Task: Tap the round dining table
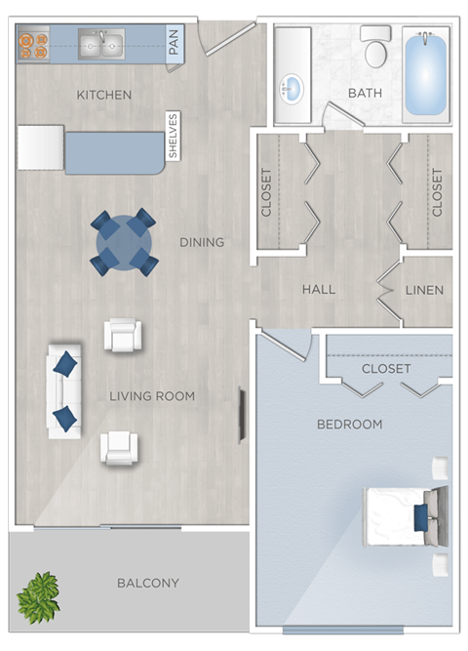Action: point(124,241)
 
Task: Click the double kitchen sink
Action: point(100,44)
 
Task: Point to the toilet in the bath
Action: point(375,48)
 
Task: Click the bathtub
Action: point(425,75)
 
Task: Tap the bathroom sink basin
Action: point(291,91)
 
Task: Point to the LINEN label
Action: point(424,290)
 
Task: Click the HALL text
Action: point(319,290)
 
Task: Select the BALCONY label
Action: point(148,584)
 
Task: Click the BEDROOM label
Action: point(349,425)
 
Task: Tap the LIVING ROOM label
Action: point(152,396)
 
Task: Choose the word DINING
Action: point(202,242)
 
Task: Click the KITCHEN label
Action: point(103,95)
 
